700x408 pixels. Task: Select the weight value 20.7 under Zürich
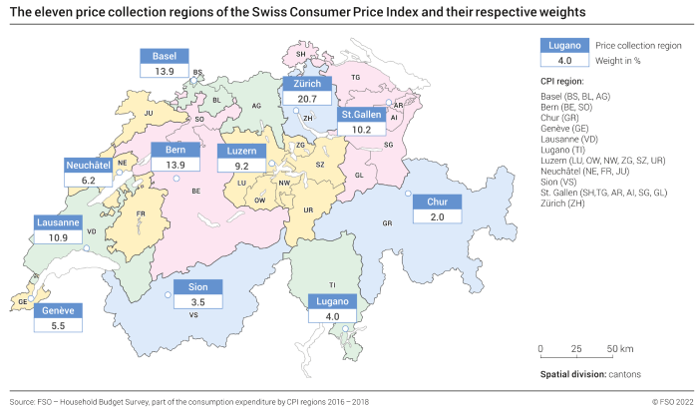(x=306, y=99)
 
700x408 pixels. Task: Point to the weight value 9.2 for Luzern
(x=240, y=166)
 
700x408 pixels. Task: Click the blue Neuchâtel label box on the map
(x=89, y=164)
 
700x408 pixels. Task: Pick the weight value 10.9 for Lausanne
(x=58, y=237)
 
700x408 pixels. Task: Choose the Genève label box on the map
(x=57, y=310)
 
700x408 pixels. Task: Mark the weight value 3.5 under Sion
(x=196, y=301)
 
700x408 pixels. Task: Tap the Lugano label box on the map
(x=332, y=301)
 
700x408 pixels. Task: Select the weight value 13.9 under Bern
(x=175, y=165)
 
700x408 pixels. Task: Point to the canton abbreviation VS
(x=194, y=314)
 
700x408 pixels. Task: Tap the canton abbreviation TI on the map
(x=333, y=284)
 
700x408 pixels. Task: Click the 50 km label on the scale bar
(x=619, y=348)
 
